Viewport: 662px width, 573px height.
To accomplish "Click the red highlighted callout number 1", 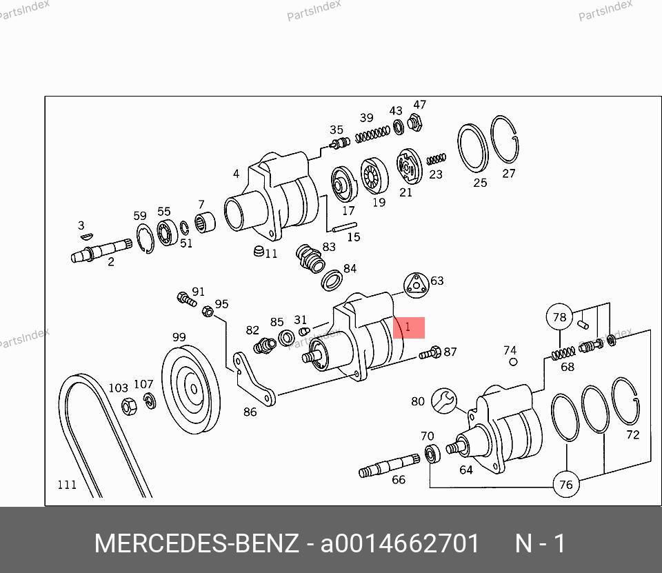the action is pyautogui.click(x=408, y=328).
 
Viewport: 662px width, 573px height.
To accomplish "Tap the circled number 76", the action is pyautogui.click(x=565, y=484).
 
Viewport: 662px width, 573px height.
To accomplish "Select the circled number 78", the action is pyautogui.click(x=559, y=316).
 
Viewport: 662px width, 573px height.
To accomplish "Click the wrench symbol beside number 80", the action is pyautogui.click(x=443, y=401).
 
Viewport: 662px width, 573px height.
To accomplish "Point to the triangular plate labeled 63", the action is pyautogui.click(x=417, y=285).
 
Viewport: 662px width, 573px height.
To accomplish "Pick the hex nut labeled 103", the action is pyautogui.click(x=129, y=406).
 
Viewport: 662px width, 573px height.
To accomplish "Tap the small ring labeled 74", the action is pyautogui.click(x=513, y=362).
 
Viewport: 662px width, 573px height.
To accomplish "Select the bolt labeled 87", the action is pyautogui.click(x=430, y=352).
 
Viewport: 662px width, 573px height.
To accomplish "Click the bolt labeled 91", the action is pyautogui.click(x=187, y=299).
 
